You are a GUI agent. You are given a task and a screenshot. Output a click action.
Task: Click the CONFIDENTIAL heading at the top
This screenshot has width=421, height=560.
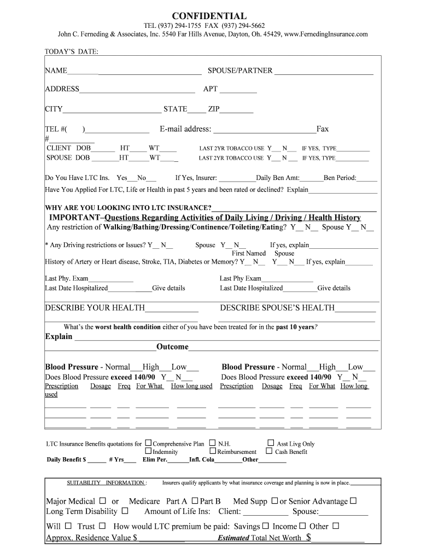pyautogui.click(x=210, y=16)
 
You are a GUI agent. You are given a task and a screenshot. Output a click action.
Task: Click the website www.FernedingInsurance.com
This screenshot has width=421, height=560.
pyautogui.click(x=326, y=34)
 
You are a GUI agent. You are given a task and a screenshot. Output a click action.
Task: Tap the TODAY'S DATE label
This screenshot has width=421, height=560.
pyautogui.click(x=67, y=52)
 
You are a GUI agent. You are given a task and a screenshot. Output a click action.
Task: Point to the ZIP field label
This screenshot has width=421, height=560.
pyautogui.click(x=213, y=109)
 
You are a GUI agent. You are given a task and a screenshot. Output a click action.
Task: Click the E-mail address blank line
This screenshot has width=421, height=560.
pyautogui.click(x=264, y=130)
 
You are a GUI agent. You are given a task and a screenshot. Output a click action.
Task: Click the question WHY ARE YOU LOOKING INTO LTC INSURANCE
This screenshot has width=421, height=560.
pyautogui.click(x=128, y=208)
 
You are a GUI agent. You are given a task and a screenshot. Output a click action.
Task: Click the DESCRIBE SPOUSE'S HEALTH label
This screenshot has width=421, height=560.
pyautogui.click(x=277, y=307)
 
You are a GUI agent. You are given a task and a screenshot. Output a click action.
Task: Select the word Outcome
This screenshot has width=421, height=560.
pyautogui.click(x=172, y=347)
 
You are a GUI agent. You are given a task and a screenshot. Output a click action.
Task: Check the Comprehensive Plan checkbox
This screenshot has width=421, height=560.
pyautogui.click(x=148, y=444)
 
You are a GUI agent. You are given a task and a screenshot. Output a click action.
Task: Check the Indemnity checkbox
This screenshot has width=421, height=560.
pyautogui.click(x=148, y=452)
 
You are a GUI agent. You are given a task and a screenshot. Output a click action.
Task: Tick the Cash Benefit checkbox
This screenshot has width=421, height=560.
pyautogui.click(x=269, y=451)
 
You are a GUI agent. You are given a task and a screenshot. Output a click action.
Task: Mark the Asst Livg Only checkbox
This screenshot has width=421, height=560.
pyautogui.click(x=271, y=443)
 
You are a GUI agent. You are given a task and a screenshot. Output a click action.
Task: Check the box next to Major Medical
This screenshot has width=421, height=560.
pyautogui.click(x=103, y=501)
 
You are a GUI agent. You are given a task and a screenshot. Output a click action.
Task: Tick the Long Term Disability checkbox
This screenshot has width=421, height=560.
pyautogui.click(x=125, y=511)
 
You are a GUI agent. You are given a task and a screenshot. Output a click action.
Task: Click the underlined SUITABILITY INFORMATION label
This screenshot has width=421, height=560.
pyautogui.click(x=106, y=483)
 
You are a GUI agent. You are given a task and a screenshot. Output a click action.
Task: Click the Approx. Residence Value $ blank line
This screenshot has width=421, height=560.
pyautogui.click(x=162, y=539)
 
